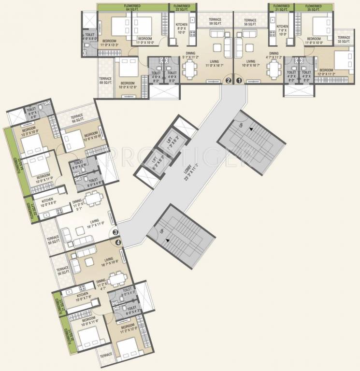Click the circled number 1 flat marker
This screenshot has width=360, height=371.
pos(237,81)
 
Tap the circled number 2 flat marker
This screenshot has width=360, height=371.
pos(229,81)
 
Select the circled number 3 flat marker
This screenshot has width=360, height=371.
pos(115,232)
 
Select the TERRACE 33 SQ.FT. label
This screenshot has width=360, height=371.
pos(344,40)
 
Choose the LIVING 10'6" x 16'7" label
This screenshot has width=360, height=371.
pos(250,64)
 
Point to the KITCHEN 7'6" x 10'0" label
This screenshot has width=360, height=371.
pos(282,30)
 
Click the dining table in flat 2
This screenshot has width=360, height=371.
pos(188,70)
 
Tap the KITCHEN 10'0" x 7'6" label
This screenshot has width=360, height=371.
pos(82,296)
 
